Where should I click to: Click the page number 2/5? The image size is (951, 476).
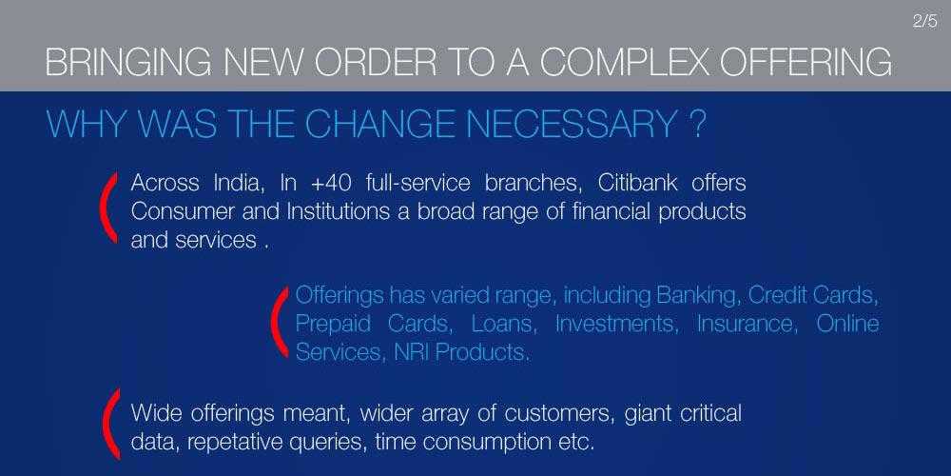coord(925,22)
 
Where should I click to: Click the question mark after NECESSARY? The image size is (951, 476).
coord(697,125)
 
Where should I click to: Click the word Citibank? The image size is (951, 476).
coord(637,183)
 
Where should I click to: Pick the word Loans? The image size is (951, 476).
coord(504,324)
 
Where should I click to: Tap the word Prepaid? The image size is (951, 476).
coord(333,325)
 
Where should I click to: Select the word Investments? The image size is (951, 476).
coord(615,324)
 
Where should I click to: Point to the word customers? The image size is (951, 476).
coord(556,414)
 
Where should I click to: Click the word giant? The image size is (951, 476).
coord(647,414)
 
